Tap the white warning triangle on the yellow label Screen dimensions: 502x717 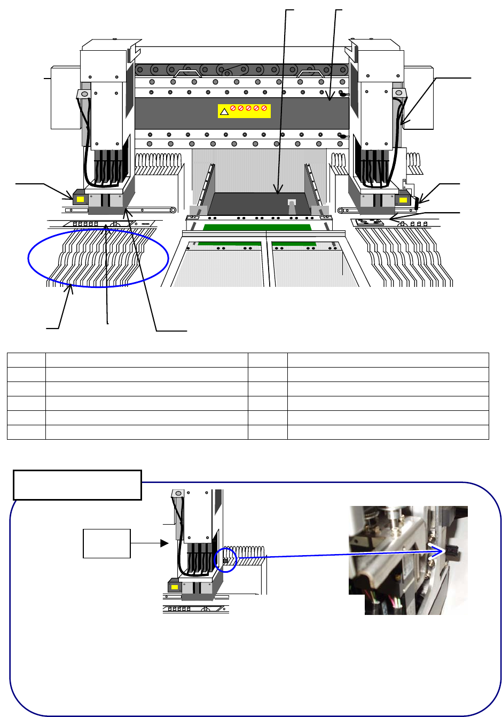pyautogui.click(x=225, y=112)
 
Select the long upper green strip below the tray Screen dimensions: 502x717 pyautogui.click(x=257, y=227)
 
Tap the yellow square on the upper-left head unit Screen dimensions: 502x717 pyautogui.click(x=81, y=199)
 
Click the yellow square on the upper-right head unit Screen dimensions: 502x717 pyautogui.click(x=403, y=200)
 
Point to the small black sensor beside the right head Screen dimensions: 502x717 pyautogui.click(x=418, y=200)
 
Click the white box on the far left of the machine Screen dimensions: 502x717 pyautogui.click(x=65, y=97)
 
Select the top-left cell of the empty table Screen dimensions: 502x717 pyautogui.click(x=26, y=360)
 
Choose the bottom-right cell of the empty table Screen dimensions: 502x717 pyautogui.click(x=388, y=432)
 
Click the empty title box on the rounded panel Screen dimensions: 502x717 pyautogui.click(x=77, y=485)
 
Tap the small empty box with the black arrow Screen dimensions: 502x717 pyautogui.click(x=107, y=543)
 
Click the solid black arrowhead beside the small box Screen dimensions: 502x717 pyautogui.click(x=164, y=543)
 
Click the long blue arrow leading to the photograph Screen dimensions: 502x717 pyautogui.click(x=342, y=555)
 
